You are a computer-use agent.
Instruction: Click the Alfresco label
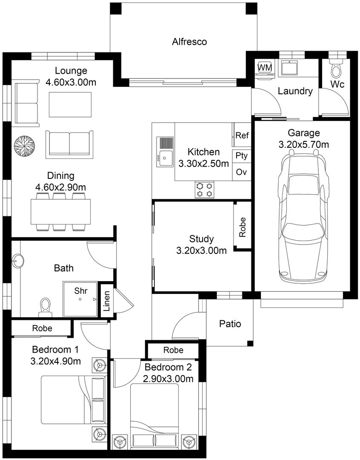[189, 42]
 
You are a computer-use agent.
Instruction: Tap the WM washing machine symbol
[265, 68]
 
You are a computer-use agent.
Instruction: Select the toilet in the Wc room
[337, 68]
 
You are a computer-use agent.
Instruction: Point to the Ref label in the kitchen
[242, 136]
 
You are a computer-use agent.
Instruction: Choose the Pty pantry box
[242, 155]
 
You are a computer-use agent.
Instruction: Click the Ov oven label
[242, 172]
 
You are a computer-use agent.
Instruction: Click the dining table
[61, 212]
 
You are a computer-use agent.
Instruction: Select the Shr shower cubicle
[80, 299]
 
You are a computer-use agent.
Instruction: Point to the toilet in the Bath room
[45, 307]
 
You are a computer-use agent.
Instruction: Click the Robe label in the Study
[243, 227]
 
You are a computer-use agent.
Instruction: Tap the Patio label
[230, 324]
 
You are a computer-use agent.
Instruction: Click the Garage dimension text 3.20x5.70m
[303, 145]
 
